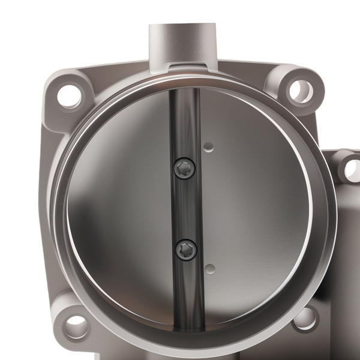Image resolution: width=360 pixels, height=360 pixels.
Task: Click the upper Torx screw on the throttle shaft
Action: click(185, 169)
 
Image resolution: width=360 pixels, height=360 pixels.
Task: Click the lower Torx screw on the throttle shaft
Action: click(187, 249)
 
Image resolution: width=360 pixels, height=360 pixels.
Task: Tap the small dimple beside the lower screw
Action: click(209, 268)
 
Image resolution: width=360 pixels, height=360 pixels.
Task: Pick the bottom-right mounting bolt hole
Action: click(305, 317)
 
